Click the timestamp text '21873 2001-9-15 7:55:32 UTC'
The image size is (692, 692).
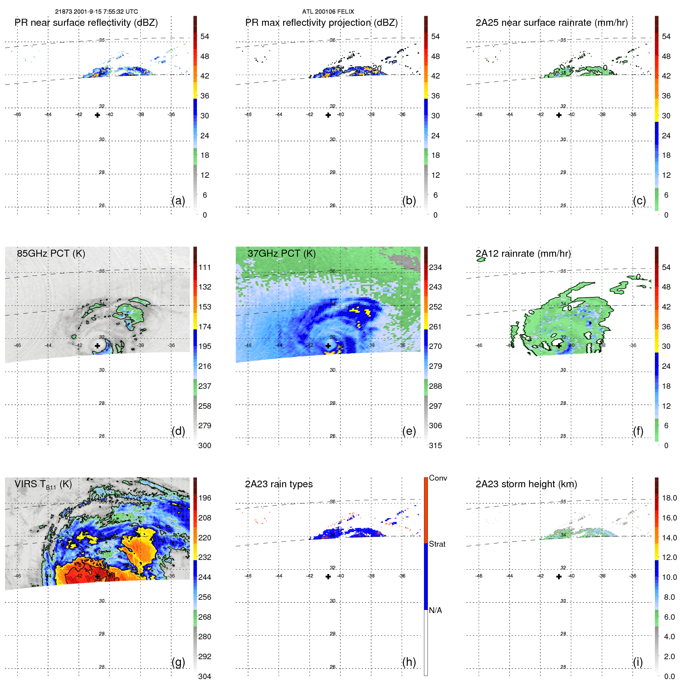[97, 12]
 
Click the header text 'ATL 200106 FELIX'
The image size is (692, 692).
[328, 12]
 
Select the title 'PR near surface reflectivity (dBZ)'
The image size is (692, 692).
[86, 23]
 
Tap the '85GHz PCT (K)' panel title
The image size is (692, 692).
[51, 253]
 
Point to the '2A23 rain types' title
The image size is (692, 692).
[279, 484]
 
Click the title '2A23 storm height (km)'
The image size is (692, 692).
[526, 484]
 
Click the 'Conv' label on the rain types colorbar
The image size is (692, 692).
[438, 478]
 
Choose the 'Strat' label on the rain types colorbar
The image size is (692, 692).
[437, 544]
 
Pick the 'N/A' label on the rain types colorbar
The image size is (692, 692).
[435, 610]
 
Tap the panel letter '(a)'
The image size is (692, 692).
[178, 200]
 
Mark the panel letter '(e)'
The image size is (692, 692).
[409, 431]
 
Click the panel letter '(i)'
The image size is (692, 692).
[638, 662]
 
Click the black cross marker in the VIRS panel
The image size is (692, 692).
[97, 576]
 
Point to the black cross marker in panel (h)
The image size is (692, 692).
[328, 576]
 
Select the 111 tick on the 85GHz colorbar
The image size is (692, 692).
[204, 267]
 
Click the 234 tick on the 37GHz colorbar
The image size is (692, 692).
[435, 267]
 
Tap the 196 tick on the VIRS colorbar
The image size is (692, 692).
[204, 498]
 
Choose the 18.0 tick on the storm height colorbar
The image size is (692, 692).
[669, 498]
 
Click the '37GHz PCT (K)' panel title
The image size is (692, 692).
[281, 253]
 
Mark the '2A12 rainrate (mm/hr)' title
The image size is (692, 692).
[523, 253]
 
